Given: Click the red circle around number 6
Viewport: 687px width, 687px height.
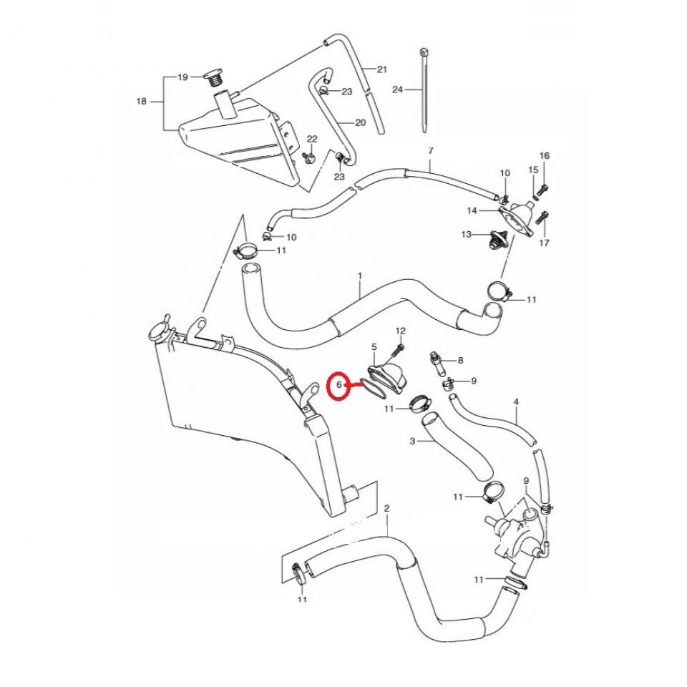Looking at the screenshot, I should click(339, 387).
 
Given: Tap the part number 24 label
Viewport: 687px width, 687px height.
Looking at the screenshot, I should click(398, 89).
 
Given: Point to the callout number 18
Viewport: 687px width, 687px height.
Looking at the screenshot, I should click(141, 102).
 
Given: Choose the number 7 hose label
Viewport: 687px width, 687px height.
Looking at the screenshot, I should click(430, 151).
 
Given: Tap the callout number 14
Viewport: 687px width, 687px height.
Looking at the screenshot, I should click(472, 210).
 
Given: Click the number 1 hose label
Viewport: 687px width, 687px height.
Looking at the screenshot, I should click(360, 275).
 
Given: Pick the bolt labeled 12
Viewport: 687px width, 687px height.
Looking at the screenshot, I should click(396, 353).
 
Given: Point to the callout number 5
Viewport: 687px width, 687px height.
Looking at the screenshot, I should click(374, 347).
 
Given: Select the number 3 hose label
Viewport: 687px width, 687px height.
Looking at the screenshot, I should click(412, 441).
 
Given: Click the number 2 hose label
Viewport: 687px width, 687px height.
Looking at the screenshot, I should click(386, 509).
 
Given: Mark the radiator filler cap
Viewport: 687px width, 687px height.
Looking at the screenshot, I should click(157, 333).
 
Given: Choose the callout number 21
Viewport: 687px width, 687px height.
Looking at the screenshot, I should click(381, 69).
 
